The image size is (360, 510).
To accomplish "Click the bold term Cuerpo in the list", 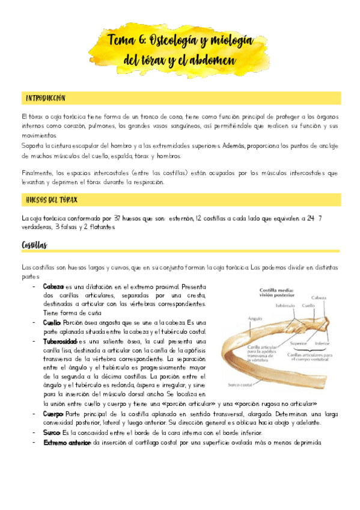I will click(53, 414).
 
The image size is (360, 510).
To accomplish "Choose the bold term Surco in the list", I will click(52, 432).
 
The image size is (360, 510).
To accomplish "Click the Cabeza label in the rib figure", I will click(319, 298).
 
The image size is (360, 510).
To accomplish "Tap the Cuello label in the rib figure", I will click(308, 304).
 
